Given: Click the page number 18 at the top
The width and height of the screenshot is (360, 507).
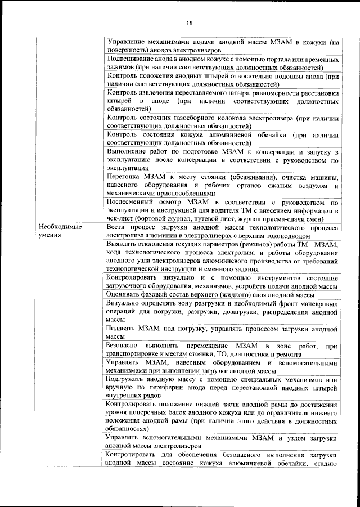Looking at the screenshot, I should point(190,23).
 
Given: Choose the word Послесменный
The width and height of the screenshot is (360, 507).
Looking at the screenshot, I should point(132,203).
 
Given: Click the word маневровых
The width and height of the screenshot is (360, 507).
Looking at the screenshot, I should point(317,303).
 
